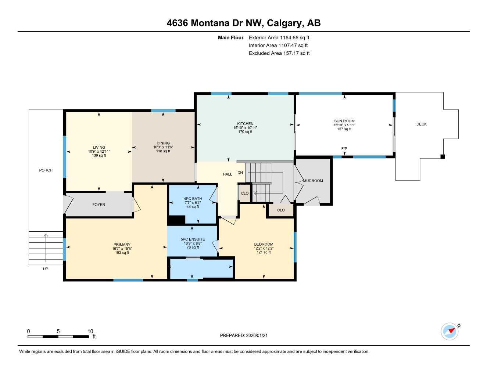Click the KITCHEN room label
[245, 124]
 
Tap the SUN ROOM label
[344, 121]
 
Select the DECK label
[421, 124]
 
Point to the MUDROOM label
[313, 181]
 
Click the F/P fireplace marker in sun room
[344, 149]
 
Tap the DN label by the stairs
[240, 173]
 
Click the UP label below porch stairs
[46, 269]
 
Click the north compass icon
[450, 331]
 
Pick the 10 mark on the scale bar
[90, 331]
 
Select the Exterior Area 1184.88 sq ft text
[279, 37]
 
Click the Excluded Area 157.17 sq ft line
[279, 53]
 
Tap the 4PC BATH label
[193, 199]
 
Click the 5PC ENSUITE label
[193, 239]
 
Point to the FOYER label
[99, 205]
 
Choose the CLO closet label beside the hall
[245, 194]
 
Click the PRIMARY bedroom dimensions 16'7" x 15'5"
[122, 249]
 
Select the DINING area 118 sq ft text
[163, 151]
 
